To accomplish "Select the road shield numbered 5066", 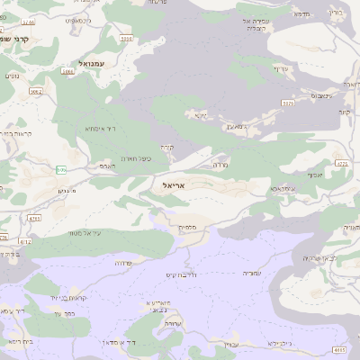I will pos(36,90).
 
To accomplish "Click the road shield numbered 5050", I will pos(126,39).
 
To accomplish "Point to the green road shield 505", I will pos(61,169).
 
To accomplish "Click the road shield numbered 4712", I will pos(25,241).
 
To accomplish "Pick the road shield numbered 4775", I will pos(341,164).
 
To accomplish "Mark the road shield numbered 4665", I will pos(338,348).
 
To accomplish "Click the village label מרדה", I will pos(220,166).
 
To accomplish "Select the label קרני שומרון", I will pos(15,39).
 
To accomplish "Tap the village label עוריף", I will pos(280,68).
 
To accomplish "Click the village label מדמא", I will pos(301,13).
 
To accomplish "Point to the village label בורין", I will pos(337,13).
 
